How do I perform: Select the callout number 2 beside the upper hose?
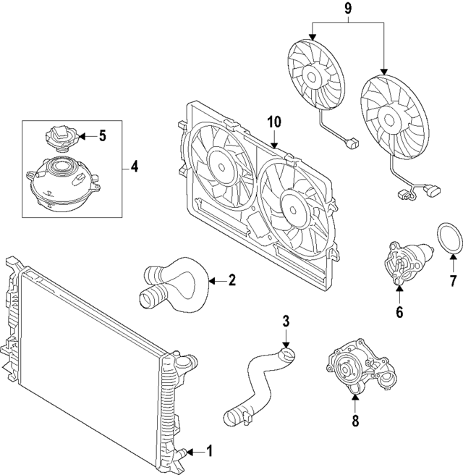point(231,280)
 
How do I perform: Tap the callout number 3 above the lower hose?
point(286,321)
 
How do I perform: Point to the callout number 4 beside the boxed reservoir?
point(134,167)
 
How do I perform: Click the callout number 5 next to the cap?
point(101,135)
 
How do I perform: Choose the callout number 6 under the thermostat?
point(399,313)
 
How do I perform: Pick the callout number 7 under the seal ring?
point(453,279)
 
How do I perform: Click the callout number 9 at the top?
point(348,11)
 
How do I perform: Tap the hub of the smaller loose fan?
point(313,75)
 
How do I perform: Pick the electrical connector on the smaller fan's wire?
point(354,144)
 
